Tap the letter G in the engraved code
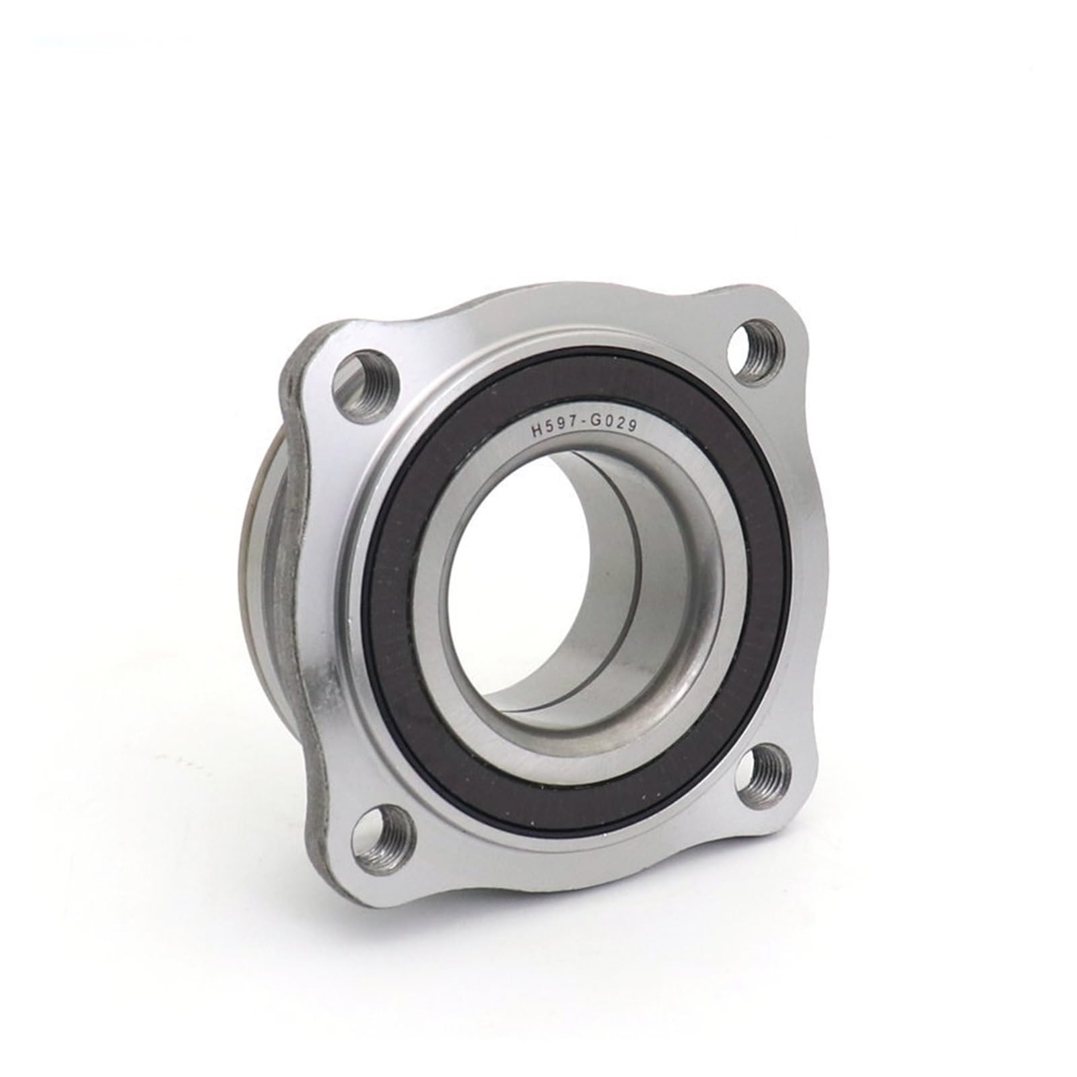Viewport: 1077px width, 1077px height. point(596,425)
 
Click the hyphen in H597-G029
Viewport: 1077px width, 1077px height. point(583,427)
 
